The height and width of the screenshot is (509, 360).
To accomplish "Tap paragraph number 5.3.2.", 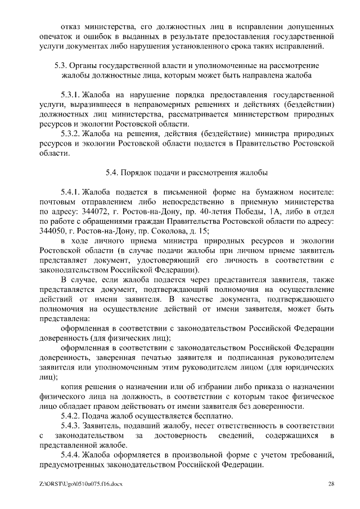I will [70, 134].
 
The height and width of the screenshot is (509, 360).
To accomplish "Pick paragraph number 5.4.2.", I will [70, 416].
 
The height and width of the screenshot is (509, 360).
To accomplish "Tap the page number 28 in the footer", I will [331, 484].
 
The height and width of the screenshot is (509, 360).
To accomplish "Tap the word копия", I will [73, 386].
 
